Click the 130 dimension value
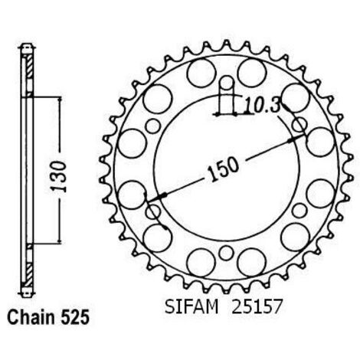(59, 176)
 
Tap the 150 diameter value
(223, 169)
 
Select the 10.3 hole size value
(261, 105)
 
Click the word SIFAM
(191, 306)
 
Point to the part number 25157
(256, 306)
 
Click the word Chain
(31, 318)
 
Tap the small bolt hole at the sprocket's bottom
(226, 253)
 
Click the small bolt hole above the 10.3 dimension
(226, 83)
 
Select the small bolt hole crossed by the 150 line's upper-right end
(299, 126)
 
